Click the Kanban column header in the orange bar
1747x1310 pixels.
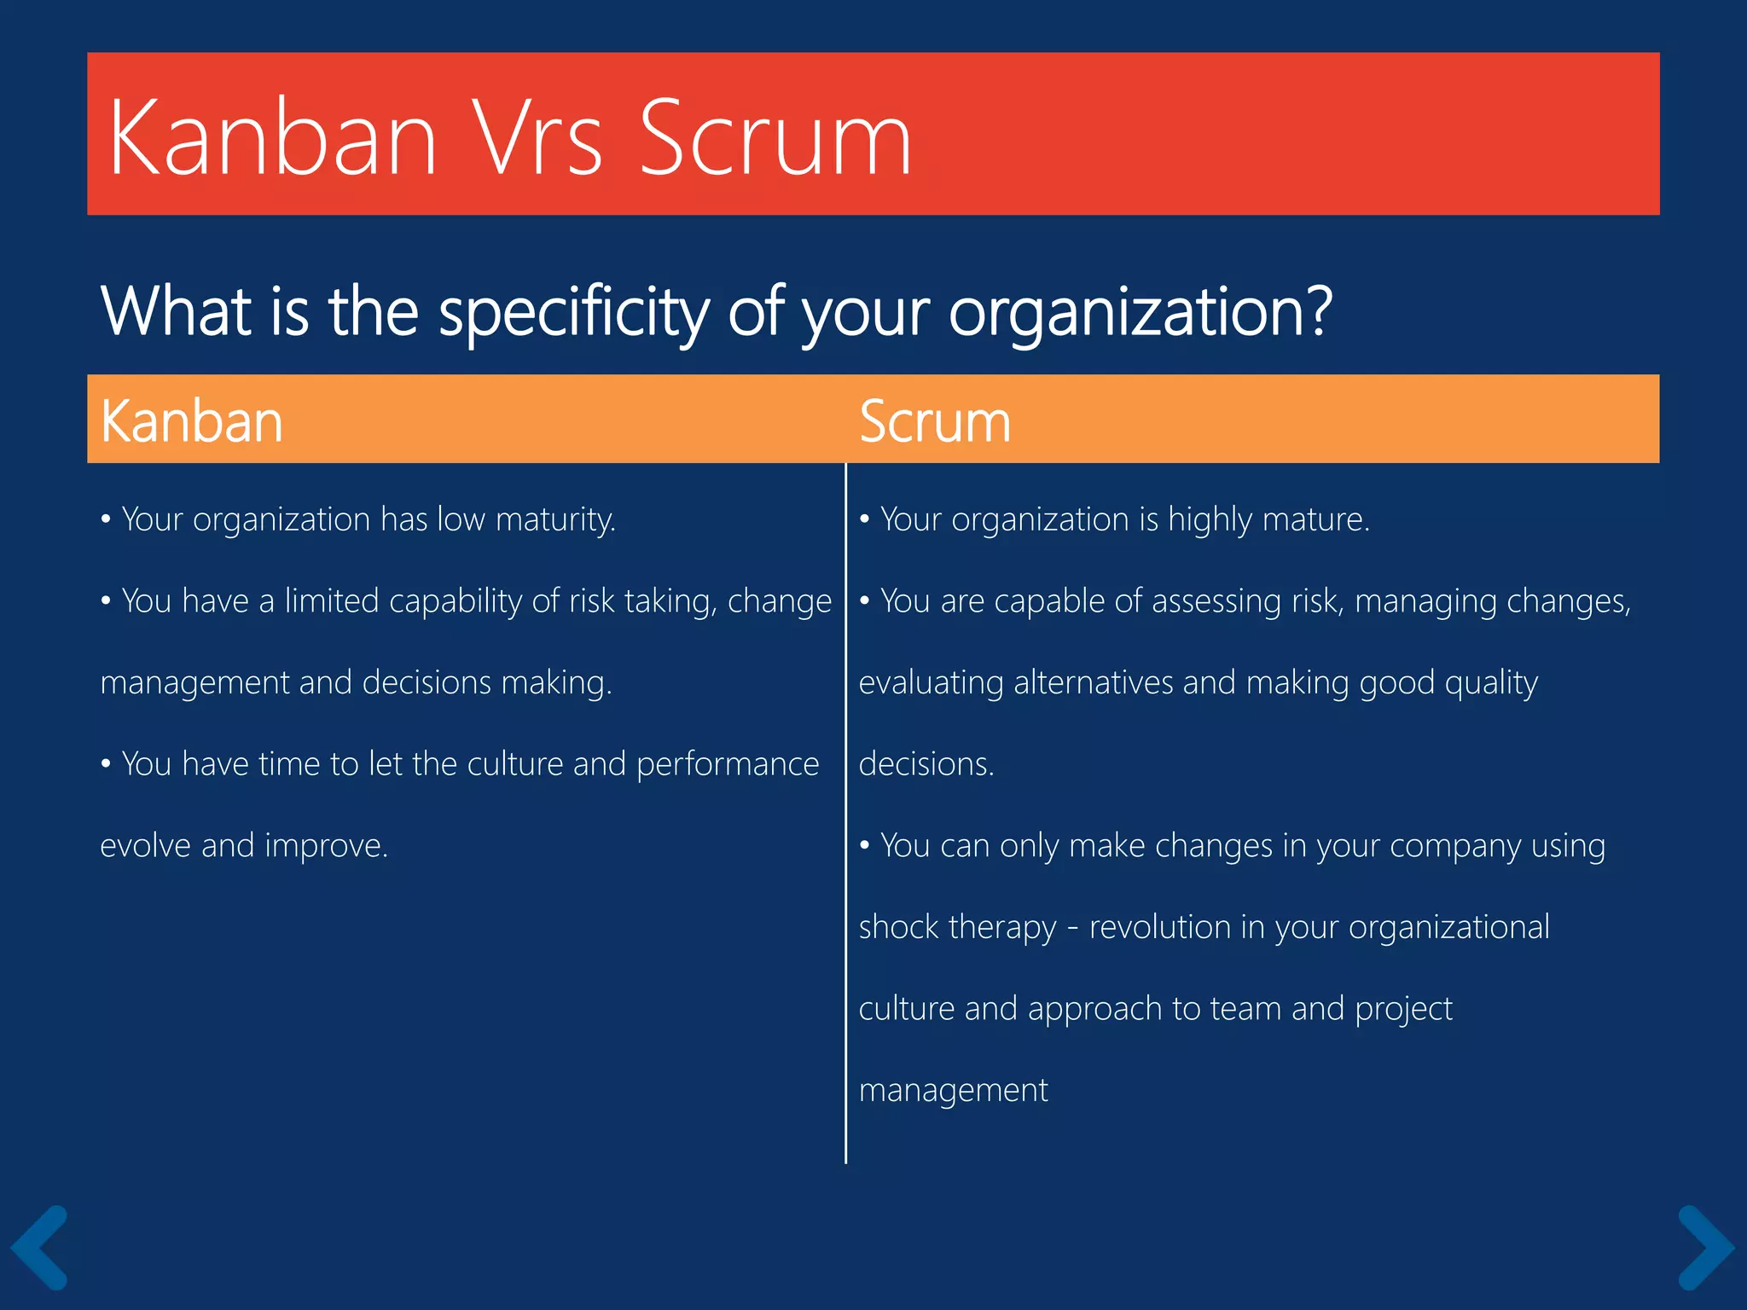[x=191, y=421]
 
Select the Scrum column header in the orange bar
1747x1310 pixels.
[x=934, y=421]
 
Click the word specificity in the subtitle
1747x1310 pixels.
[x=573, y=312]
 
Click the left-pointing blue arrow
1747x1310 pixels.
[x=40, y=1247]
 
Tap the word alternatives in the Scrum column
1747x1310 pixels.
[x=1093, y=683]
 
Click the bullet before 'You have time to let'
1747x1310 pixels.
[x=106, y=764]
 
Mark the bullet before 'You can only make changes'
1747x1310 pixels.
[x=864, y=846]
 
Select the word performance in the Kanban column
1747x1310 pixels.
[x=727, y=764]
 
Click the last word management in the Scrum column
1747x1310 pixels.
[x=953, y=1091]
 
